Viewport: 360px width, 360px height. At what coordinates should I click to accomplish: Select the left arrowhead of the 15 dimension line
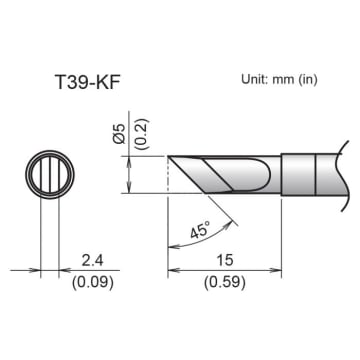tap(173, 270)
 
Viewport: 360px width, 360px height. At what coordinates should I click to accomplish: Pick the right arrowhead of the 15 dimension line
tap(277, 270)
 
